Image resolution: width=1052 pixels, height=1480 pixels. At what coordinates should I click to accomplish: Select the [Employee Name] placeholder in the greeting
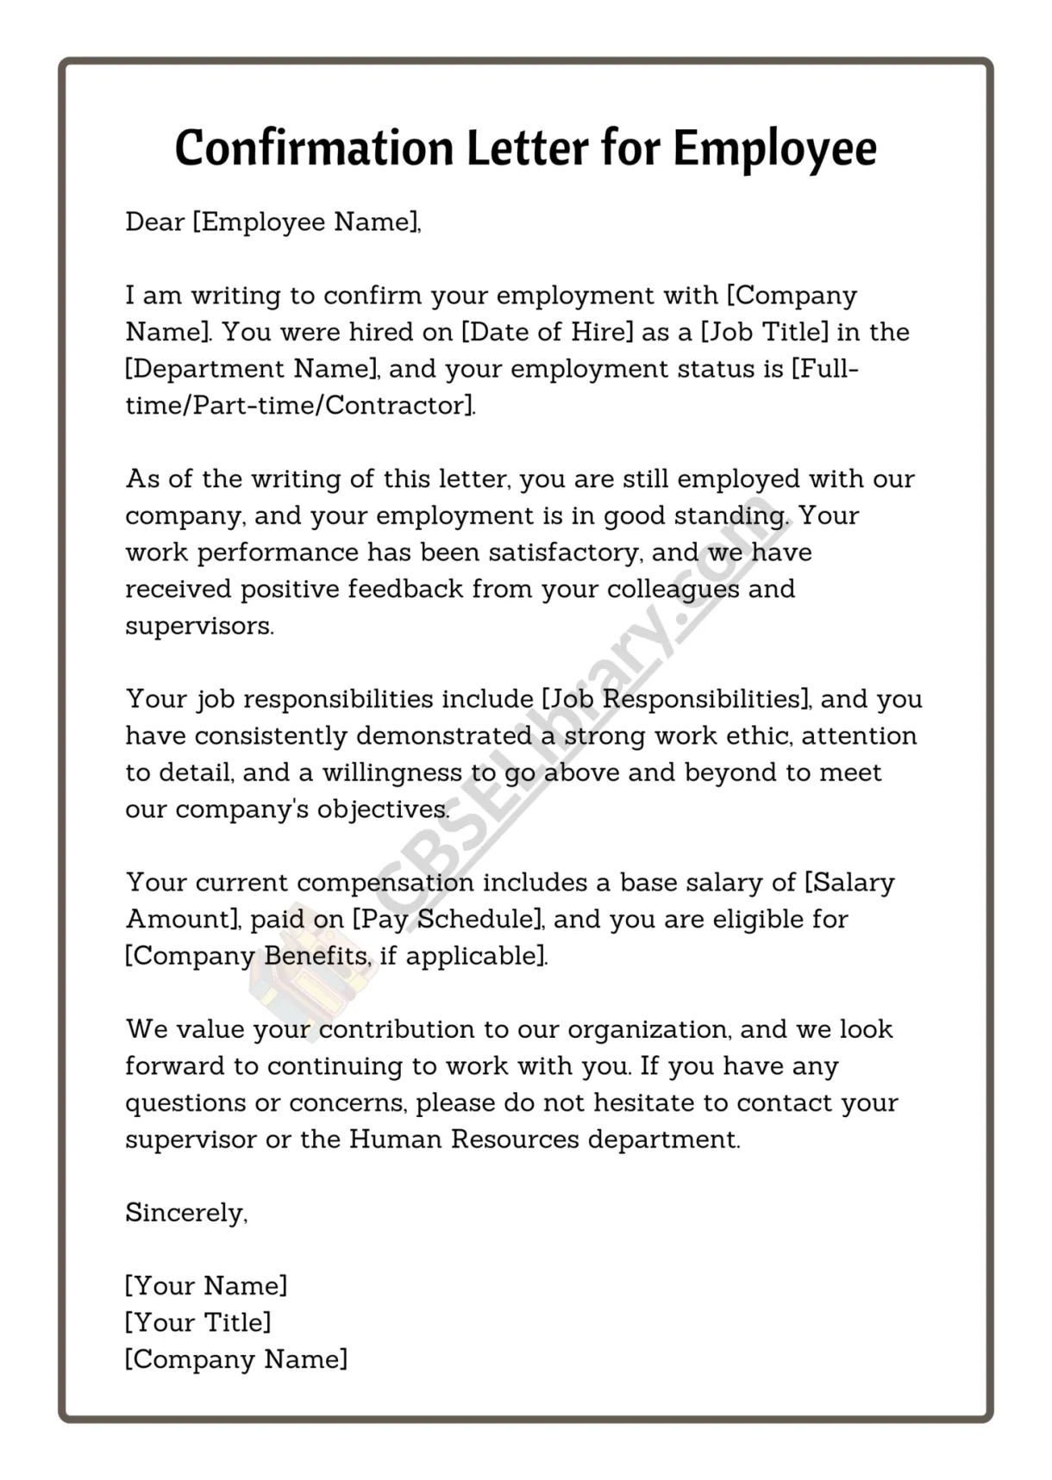(x=305, y=222)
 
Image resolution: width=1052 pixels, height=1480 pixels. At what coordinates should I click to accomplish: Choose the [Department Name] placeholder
(x=252, y=369)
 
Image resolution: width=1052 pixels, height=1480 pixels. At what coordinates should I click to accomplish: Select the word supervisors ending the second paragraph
(x=198, y=627)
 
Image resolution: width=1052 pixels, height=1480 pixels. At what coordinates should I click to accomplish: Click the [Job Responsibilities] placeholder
(x=676, y=699)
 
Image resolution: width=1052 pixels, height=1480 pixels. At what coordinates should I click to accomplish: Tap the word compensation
(x=385, y=883)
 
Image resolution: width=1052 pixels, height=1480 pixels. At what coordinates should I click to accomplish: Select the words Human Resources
(x=464, y=1140)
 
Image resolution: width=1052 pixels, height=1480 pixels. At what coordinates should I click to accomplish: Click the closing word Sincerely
(x=185, y=1213)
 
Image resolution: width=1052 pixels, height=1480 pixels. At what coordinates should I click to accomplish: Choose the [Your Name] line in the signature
(x=206, y=1286)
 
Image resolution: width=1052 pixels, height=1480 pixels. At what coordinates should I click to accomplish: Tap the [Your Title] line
(x=198, y=1322)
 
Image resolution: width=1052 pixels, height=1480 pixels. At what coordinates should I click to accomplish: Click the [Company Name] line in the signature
(x=236, y=1359)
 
